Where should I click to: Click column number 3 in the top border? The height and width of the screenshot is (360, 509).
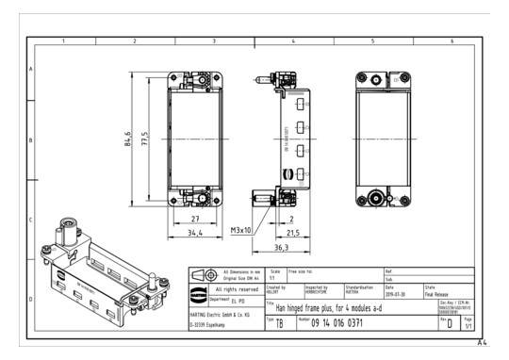pyautogui.click(x=214, y=42)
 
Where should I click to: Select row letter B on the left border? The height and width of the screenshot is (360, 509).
pyautogui.click(x=31, y=140)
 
